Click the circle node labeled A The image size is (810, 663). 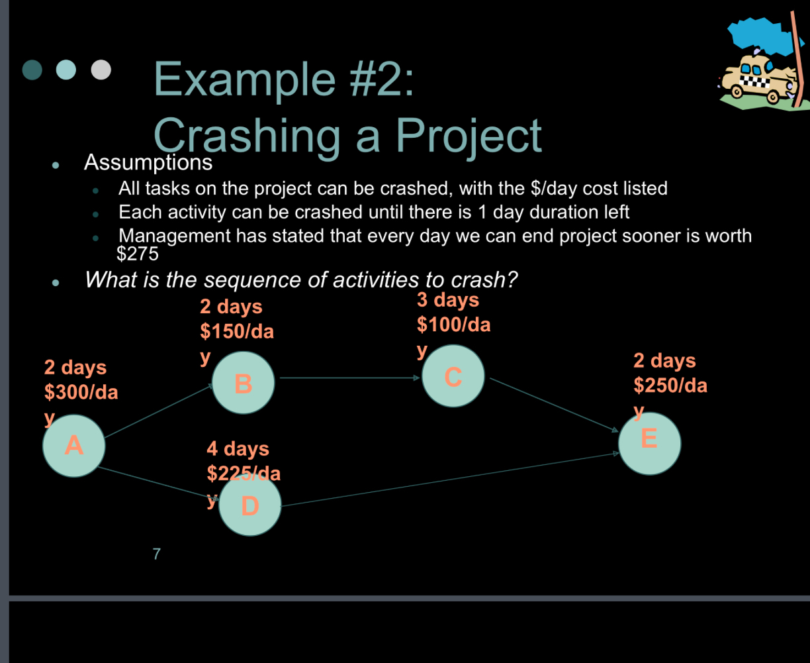74,445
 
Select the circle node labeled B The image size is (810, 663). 243,383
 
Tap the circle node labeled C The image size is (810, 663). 453,376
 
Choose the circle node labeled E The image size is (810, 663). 649,443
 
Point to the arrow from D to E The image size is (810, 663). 450,480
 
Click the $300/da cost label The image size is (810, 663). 81,392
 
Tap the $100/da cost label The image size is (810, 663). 453,325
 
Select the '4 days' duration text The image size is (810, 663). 238,448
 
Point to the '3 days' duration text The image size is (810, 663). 447,300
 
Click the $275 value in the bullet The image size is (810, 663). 138,253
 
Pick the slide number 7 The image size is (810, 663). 156,554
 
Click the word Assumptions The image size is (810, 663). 148,162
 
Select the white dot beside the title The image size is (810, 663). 101,70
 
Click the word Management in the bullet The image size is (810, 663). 173,236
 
